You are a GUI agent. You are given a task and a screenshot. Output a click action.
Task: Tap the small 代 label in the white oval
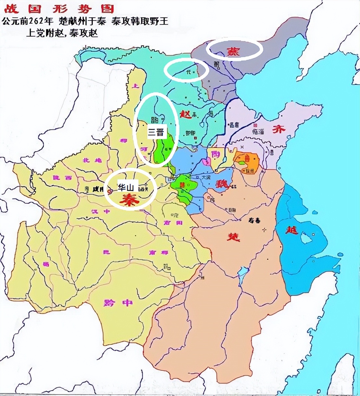click(187, 72)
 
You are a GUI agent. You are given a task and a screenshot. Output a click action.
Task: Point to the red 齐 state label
click(278, 129)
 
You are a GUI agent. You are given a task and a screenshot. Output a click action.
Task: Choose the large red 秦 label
click(129, 200)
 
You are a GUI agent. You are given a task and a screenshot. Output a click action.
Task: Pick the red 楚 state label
click(233, 236)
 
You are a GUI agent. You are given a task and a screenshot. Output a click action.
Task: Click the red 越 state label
click(291, 230)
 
